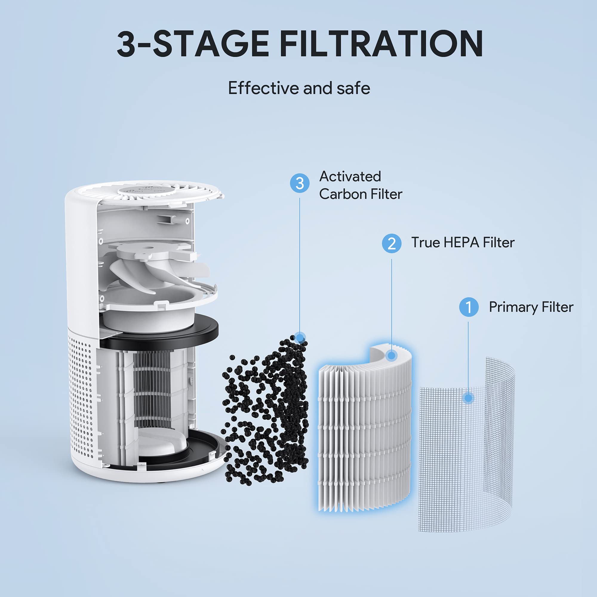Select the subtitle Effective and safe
[299, 88]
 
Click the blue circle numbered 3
[299, 183]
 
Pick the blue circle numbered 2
[392, 244]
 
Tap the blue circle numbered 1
[468, 307]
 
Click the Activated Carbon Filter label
[360, 185]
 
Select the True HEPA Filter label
[463, 243]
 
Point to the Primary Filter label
[530, 307]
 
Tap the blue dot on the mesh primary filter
[468, 398]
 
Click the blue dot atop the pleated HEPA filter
[392, 356]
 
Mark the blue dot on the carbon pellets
[300, 337]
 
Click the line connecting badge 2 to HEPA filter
[392, 303]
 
